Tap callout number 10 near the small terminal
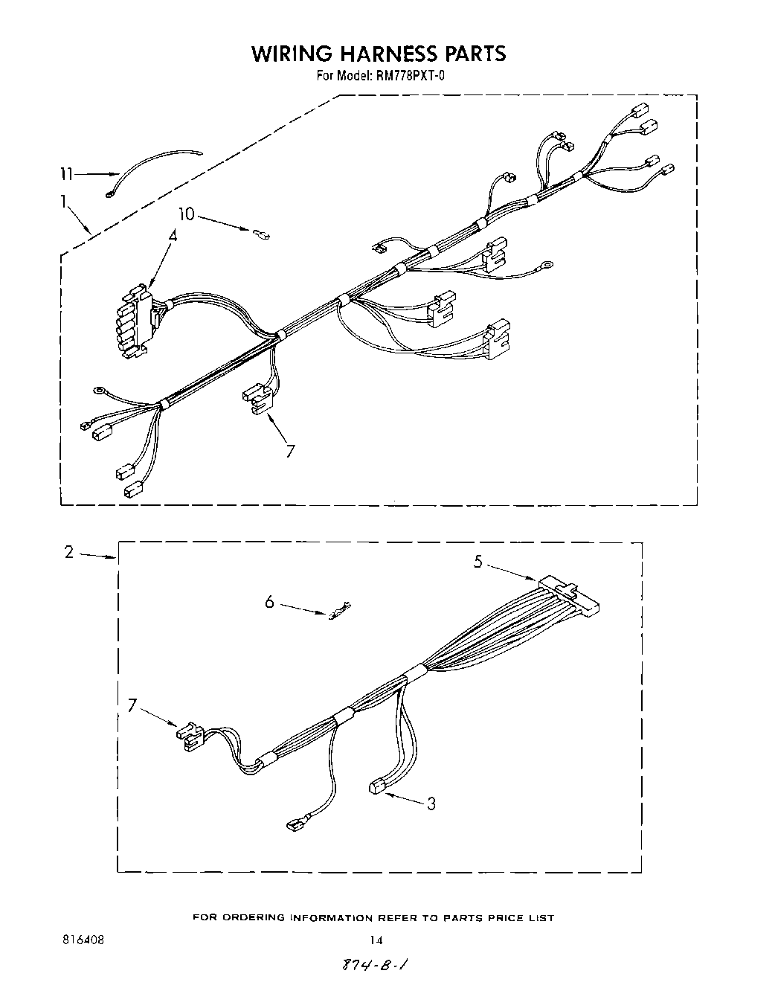[186, 214]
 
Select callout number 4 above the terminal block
[173, 235]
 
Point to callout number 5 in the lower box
[479, 562]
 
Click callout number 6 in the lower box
[269, 601]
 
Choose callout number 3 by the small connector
[431, 803]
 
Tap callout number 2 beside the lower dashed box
[69, 552]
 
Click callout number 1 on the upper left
[65, 201]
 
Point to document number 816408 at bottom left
[83, 940]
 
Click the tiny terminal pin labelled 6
[340, 612]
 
